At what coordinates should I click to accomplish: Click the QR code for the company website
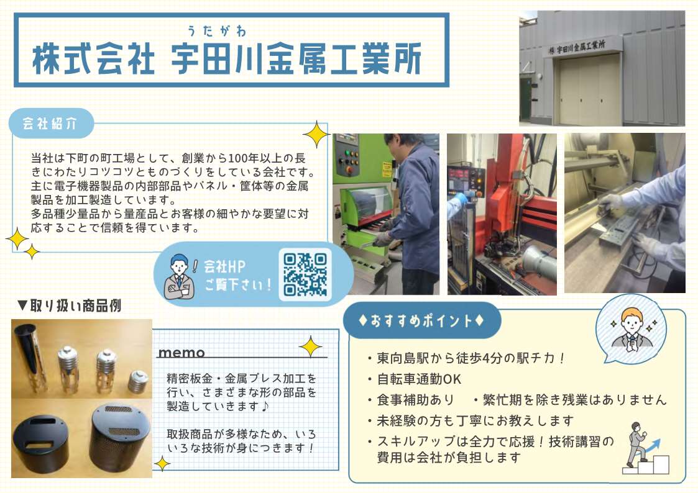pos(305,274)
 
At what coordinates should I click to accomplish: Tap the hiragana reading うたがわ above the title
pos(216,30)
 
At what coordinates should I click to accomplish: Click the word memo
pos(181,353)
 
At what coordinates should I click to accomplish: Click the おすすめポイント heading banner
pos(421,320)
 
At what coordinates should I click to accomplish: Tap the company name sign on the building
pos(577,47)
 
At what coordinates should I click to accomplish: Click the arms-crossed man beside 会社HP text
pos(179,276)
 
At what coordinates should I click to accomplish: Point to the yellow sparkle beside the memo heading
pos(310,346)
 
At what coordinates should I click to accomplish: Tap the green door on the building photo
pos(526,99)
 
